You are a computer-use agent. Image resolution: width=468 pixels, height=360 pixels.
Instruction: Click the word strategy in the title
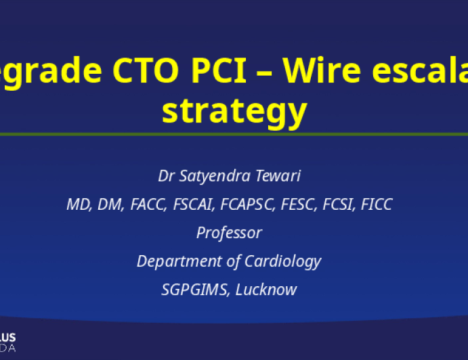point(234,111)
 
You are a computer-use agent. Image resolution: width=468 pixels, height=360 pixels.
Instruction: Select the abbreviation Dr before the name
point(167,176)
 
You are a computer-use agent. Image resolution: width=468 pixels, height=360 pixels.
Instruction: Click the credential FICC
point(378,204)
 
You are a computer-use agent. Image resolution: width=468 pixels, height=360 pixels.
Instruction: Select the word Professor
point(229,233)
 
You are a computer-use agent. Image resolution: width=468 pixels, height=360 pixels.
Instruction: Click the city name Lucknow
point(266,290)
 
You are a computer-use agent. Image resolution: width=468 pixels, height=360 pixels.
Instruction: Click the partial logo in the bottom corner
point(8,342)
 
